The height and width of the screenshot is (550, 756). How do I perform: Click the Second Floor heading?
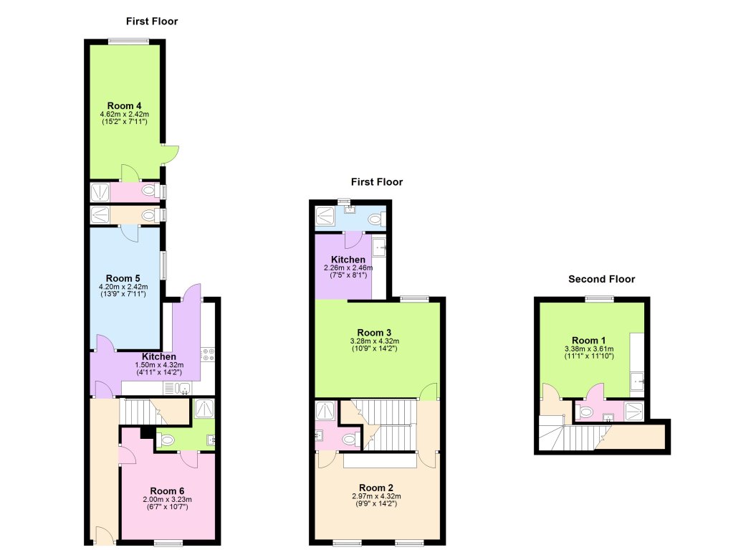click(601, 279)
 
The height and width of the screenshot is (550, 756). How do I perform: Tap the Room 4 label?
click(123, 105)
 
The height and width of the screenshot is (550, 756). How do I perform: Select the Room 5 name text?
click(123, 278)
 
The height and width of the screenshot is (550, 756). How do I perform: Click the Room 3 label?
click(374, 332)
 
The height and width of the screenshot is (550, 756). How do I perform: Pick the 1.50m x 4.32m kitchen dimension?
click(158, 364)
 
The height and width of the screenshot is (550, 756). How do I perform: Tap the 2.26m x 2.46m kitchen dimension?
click(348, 267)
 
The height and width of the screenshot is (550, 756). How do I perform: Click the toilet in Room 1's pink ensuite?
click(585, 412)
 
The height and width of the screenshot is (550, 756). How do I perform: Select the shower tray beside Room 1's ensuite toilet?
click(634, 411)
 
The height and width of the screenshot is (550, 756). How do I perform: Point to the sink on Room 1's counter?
click(637, 383)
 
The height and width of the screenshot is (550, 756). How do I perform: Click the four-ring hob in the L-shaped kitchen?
click(209, 354)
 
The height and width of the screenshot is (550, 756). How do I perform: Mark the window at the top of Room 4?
click(129, 41)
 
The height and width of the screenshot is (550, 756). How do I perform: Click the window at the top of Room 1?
click(600, 298)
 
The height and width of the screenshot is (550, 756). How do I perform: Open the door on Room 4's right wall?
click(171, 156)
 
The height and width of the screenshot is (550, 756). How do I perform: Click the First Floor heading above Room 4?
click(152, 22)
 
